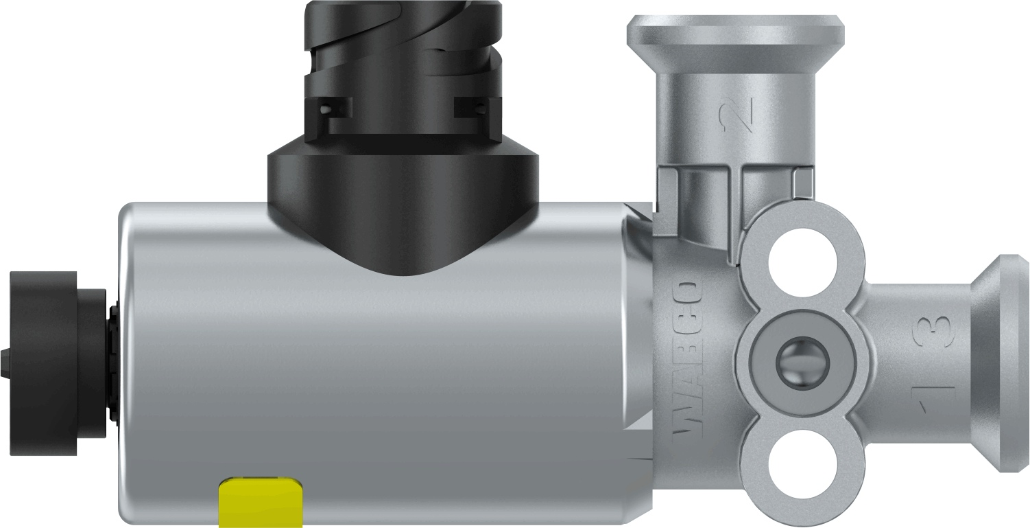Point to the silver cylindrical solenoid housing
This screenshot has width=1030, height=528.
pos(384,384)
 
